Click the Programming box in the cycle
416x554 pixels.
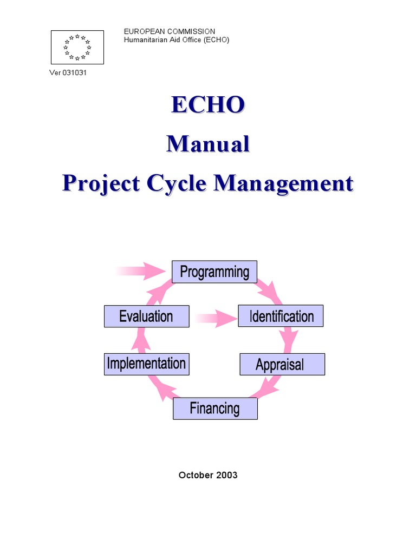click(x=214, y=272)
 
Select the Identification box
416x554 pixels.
click(x=281, y=316)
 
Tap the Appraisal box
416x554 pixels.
click(x=282, y=364)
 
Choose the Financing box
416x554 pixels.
click(x=215, y=408)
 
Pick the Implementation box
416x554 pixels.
click(x=146, y=364)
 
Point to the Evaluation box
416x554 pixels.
click(x=146, y=316)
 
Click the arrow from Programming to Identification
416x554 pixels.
click(x=270, y=291)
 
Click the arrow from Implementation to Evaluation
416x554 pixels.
click(x=142, y=340)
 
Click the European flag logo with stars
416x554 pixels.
click(x=77, y=47)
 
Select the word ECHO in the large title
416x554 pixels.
click(x=208, y=105)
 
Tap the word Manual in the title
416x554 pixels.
click(x=208, y=144)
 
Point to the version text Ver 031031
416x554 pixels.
click(x=68, y=73)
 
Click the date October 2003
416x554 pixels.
click(x=208, y=475)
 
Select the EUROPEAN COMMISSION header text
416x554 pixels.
click(x=170, y=32)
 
